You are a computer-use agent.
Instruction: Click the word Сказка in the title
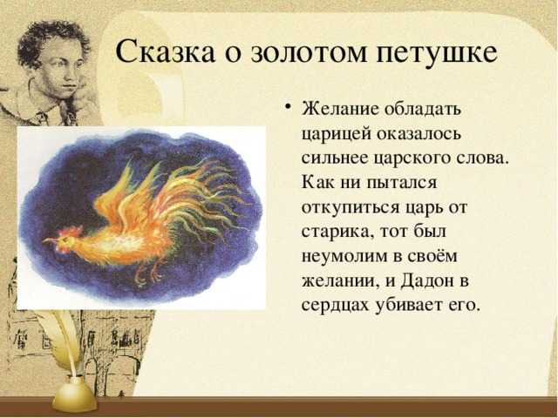pos(166,52)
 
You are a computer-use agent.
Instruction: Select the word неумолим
pos(344,257)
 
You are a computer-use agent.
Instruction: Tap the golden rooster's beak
pos(49,240)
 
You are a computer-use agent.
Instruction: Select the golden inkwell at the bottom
pos(74,394)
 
